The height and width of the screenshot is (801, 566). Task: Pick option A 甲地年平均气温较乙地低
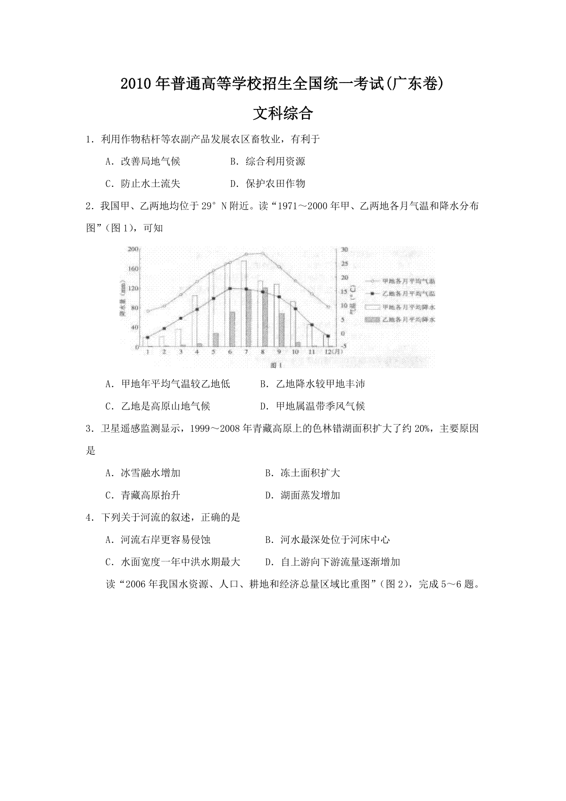pyautogui.click(x=168, y=384)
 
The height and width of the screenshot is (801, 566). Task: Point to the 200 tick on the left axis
pyautogui.click(x=133, y=249)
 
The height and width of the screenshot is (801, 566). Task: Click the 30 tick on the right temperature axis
pyautogui.click(x=344, y=249)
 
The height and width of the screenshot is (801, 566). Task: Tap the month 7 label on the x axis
pyautogui.click(x=245, y=351)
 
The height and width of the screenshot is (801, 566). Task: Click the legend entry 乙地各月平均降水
pyautogui.click(x=401, y=319)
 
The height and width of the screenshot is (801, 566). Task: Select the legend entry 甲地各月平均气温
pyautogui.click(x=401, y=281)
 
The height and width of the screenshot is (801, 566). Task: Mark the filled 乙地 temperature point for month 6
pyautogui.click(x=230, y=288)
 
